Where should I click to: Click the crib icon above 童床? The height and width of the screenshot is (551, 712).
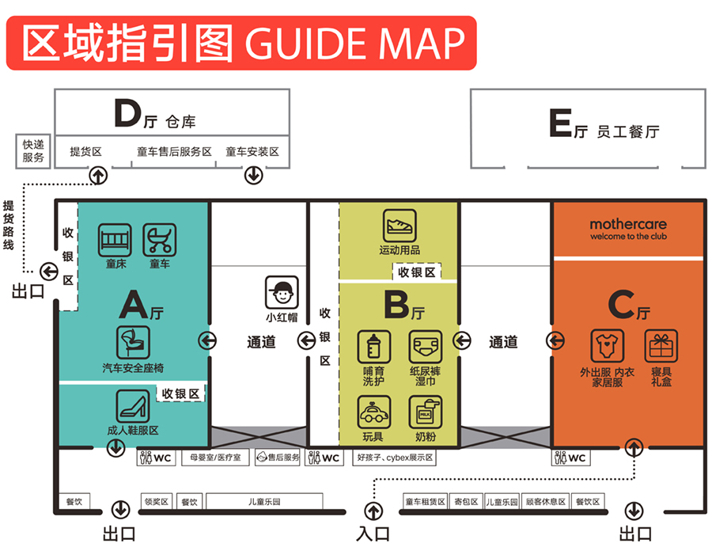(x=114, y=239)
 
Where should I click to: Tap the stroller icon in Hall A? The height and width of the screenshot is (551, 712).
(x=159, y=239)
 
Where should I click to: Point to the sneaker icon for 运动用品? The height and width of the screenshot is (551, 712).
(x=400, y=225)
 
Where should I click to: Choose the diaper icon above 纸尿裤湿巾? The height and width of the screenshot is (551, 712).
(x=425, y=347)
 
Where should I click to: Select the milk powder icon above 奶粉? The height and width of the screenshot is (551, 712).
(x=425, y=412)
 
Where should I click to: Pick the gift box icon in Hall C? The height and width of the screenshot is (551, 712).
(x=661, y=347)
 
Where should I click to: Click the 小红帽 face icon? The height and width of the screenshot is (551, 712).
(x=281, y=293)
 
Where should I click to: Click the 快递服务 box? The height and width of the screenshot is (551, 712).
(x=33, y=151)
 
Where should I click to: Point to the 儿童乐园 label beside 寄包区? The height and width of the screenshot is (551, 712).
(x=502, y=501)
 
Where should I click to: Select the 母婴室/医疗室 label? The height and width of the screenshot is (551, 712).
(x=215, y=458)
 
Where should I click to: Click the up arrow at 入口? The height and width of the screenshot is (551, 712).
(x=373, y=511)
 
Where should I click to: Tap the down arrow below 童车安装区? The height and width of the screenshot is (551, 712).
(x=253, y=175)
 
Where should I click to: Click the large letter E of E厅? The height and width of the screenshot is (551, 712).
(x=560, y=125)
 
